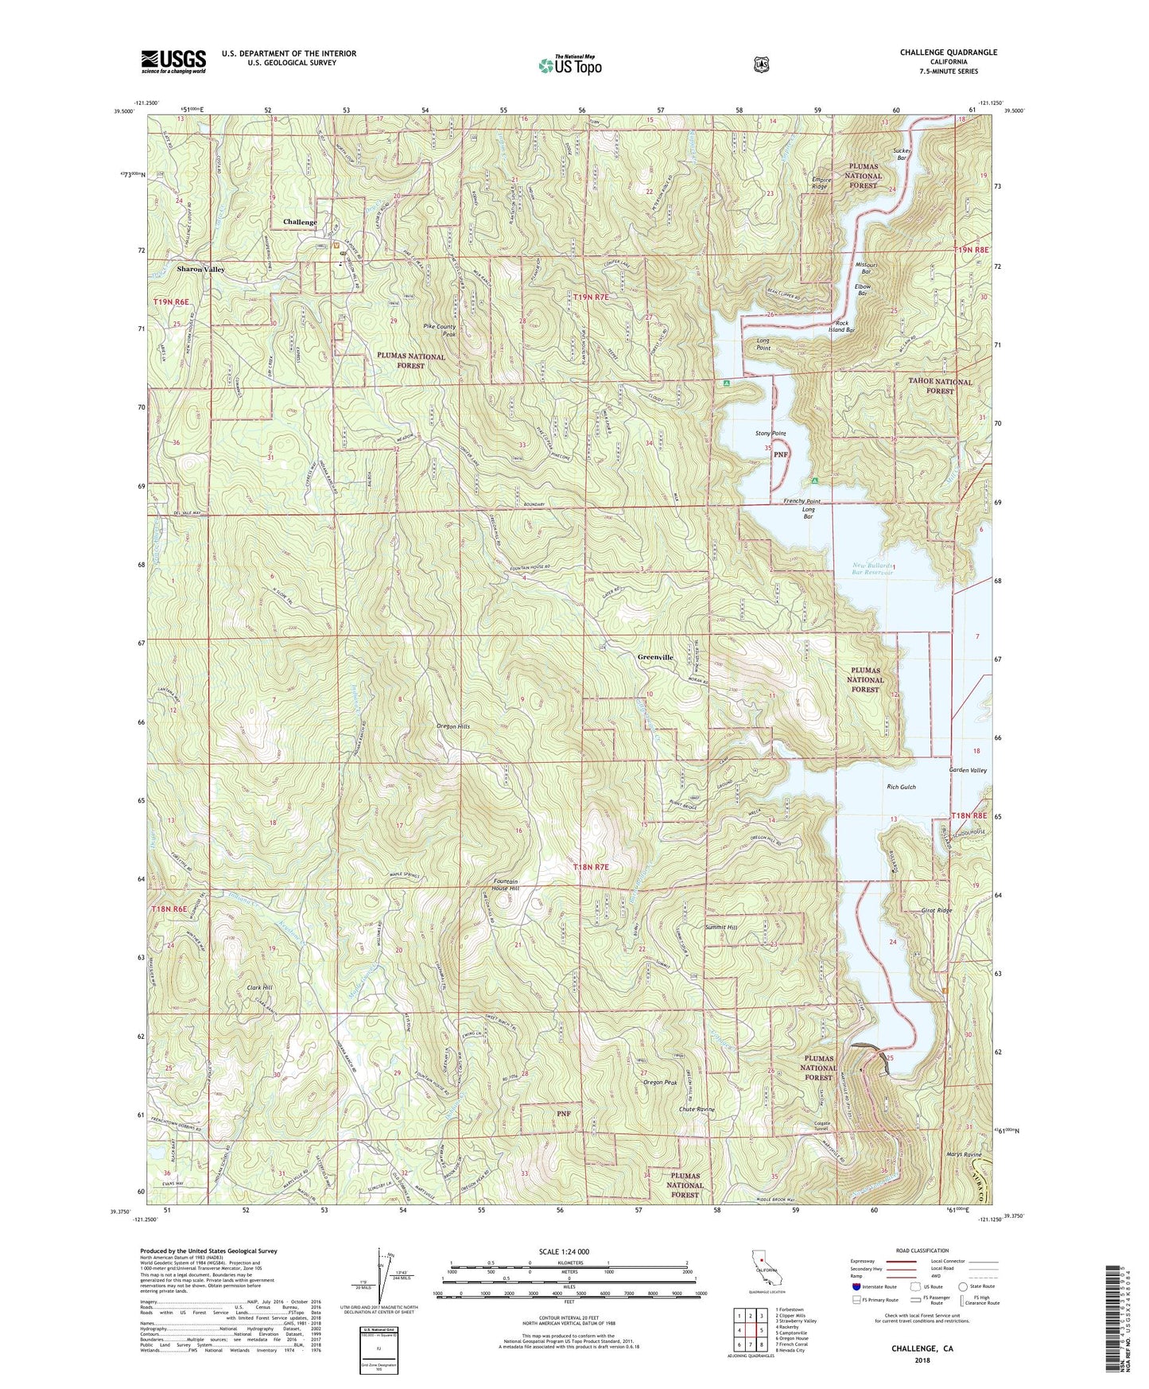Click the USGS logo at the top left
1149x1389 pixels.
coord(173,61)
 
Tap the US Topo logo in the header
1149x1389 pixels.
coord(569,65)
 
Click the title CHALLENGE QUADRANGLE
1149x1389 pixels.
coord(948,53)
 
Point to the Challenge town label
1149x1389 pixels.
coord(300,222)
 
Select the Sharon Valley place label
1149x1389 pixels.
coord(200,269)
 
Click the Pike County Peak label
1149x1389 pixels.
coord(440,330)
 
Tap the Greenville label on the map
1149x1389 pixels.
coord(655,657)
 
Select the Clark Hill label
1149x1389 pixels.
coord(259,987)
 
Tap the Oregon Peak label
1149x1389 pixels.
coord(659,1082)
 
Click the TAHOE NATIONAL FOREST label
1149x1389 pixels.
coord(940,386)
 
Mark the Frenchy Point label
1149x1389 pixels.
coord(802,502)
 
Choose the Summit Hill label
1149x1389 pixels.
coord(720,928)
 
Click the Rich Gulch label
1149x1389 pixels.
coord(901,787)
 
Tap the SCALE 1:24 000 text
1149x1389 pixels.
coord(564,1251)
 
